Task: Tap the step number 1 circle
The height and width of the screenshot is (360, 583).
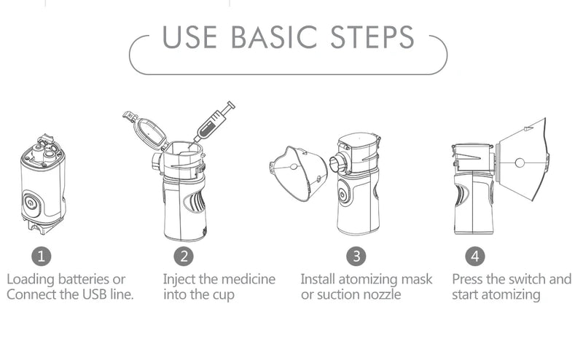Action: (x=42, y=257)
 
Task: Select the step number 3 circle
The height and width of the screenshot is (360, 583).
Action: (x=356, y=257)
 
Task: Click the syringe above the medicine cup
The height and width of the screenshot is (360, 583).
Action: (x=216, y=120)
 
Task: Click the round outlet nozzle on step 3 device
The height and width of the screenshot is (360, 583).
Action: (x=337, y=163)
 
